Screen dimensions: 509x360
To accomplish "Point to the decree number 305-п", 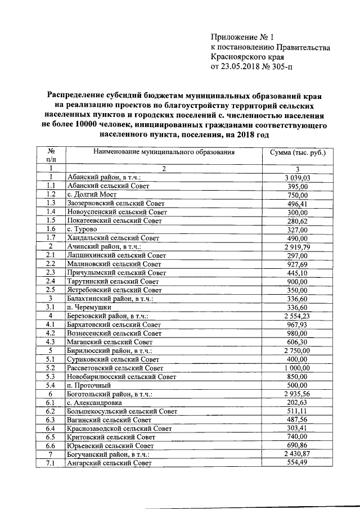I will (x=280, y=67).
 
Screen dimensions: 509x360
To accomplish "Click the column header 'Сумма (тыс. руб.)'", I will (x=298, y=152).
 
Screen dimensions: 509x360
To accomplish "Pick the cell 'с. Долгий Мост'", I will (x=92, y=195).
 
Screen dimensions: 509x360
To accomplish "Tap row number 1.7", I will (x=51, y=238).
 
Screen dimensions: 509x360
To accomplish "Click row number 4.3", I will (x=51, y=342).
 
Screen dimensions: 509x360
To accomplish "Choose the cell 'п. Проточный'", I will (x=89, y=385).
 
